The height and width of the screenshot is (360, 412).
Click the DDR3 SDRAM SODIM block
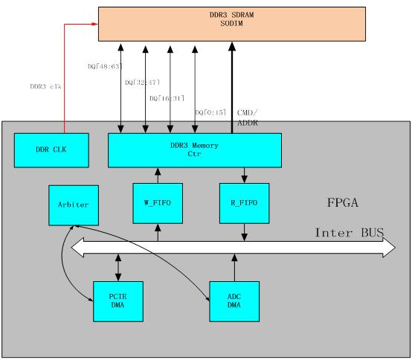(x=232, y=25)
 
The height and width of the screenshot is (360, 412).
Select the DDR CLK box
(x=51, y=150)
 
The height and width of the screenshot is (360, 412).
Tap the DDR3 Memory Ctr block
(x=195, y=150)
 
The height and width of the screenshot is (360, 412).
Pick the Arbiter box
(x=74, y=205)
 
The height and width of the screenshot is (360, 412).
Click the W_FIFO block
(x=158, y=203)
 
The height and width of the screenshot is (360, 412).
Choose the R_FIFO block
(x=245, y=203)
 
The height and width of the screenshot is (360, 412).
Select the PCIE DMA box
(x=118, y=301)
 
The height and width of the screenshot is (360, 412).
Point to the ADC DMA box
(x=234, y=301)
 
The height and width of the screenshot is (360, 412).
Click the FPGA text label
(x=343, y=202)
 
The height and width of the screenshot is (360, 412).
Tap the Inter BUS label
(x=350, y=233)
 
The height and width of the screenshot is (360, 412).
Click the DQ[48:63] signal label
(x=105, y=66)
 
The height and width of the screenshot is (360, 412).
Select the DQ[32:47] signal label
(x=142, y=83)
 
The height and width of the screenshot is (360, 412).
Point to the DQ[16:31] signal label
(x=167, y=98)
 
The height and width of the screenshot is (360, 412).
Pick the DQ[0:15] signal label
(x=210, y=112)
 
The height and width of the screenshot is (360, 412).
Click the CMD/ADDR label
(x=247, y=118)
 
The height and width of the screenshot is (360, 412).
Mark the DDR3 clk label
(x=45, y=86)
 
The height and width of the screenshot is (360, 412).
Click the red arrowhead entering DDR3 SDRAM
(x=95, y=25)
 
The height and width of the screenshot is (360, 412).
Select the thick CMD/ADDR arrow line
(x=232, y=88)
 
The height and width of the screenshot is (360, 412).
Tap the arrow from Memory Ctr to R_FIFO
(x=245, y=176)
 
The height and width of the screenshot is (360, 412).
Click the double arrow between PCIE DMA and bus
(x=118, y=268)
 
